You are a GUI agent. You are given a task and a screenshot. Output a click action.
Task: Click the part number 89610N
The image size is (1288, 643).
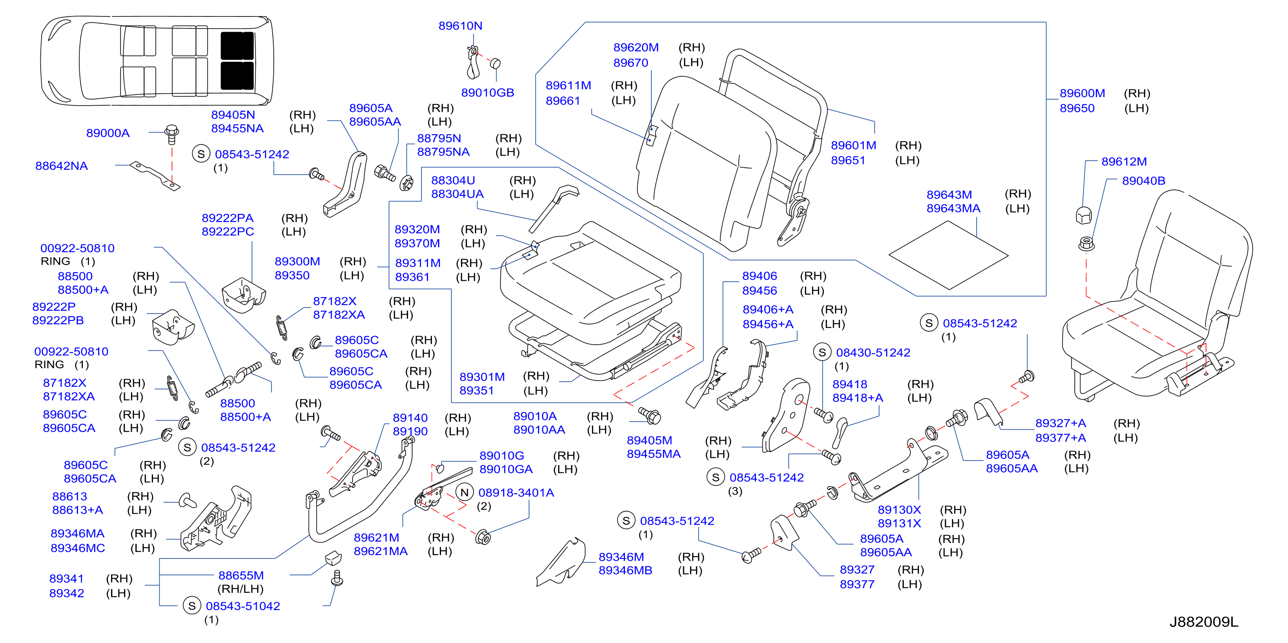[x=460, y=26]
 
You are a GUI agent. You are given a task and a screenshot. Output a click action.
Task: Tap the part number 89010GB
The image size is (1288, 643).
[x=487, y=92]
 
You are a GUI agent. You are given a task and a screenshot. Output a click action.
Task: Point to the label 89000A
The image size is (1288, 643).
[x=108, y=133]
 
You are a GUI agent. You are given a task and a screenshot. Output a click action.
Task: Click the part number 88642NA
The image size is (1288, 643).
[x=61, y=166]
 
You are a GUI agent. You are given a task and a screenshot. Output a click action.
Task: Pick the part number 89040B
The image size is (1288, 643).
[x=1143, y=180]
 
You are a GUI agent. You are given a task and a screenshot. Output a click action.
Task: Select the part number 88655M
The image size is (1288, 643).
[x=241, y=575]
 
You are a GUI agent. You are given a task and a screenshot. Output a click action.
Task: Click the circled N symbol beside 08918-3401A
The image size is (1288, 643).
[x=464, y=493]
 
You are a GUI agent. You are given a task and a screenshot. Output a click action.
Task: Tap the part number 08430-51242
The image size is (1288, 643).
[x=873, y=353]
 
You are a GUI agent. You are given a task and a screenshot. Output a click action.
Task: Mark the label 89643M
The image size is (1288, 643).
[x=948, y=195]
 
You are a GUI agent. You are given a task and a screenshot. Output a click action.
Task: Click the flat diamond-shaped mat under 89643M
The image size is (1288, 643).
[x=948, y=255]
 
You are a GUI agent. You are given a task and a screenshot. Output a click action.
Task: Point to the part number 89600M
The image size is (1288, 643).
[x=1082, y=94]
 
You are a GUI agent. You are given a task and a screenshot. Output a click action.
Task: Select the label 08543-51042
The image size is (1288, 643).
[x=242, y=606]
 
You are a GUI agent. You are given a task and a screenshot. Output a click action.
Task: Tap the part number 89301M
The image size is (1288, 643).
[x=481, y=377]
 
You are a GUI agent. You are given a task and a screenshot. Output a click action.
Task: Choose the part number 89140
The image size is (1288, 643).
[x=409, y=418]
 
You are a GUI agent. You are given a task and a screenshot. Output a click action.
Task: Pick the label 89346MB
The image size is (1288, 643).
[x=625, y=571]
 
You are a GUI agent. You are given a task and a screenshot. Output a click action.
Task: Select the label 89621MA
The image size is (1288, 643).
[x=380, y=552]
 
